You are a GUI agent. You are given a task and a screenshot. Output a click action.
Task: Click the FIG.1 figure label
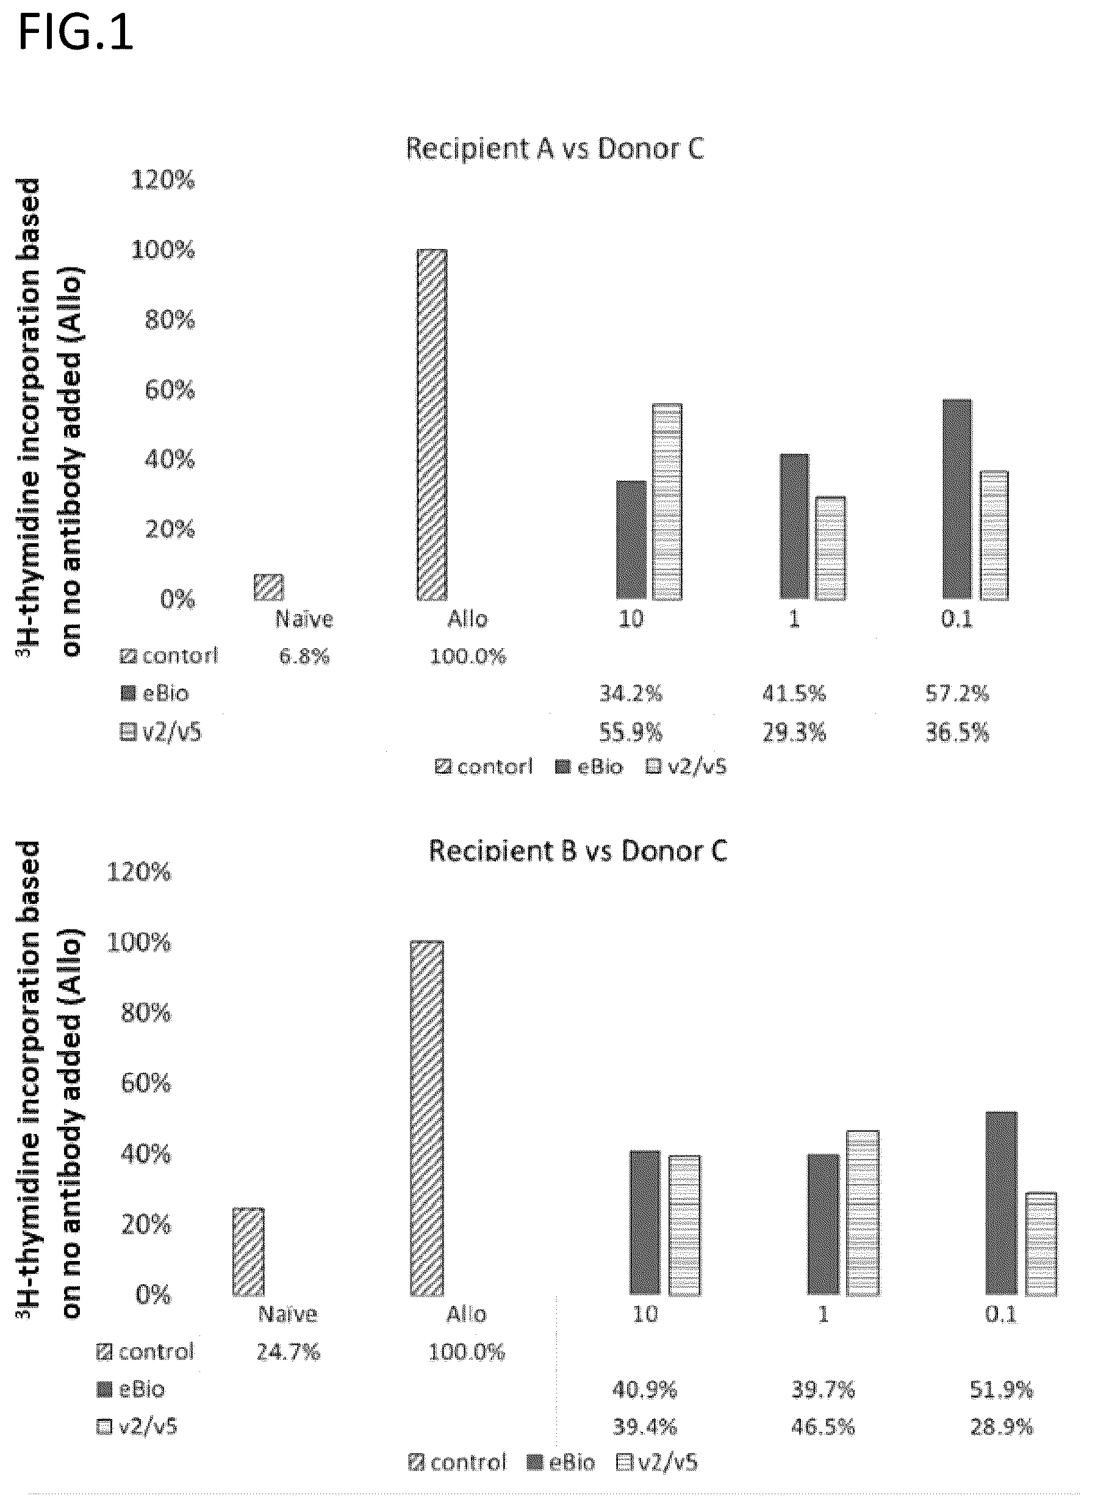(76, 33)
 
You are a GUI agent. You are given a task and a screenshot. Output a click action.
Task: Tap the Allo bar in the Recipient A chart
(432, 425)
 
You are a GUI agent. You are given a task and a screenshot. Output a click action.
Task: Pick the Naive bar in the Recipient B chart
(248, 1251)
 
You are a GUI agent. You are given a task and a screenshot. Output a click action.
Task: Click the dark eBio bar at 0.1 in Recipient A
(957, 500)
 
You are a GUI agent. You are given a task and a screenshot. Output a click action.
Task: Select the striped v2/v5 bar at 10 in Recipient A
(667, 502)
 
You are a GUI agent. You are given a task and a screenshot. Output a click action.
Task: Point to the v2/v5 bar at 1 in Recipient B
(863, 1213)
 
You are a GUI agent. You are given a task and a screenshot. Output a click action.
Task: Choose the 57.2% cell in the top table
(957, 694)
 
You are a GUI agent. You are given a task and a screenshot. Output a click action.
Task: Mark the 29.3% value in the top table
(794, 733)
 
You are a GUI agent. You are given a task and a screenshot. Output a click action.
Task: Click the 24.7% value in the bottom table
(288, 1352)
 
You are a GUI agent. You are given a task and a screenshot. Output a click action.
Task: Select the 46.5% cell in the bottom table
(823, 1426)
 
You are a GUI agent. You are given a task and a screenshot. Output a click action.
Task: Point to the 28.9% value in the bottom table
(1002, 1426)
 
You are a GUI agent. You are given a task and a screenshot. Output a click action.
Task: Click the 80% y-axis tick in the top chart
(170, 320)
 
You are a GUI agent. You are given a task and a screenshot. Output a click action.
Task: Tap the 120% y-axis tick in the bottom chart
(139, 872)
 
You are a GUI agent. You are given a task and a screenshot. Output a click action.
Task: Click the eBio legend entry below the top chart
(591, 767)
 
